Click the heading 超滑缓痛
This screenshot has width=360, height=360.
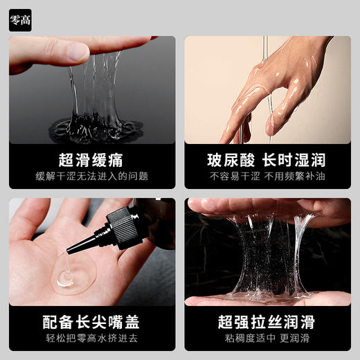click(92, 161)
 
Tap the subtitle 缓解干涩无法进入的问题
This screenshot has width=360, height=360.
click(92, 177)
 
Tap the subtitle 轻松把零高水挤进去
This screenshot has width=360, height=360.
click(92, 340)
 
